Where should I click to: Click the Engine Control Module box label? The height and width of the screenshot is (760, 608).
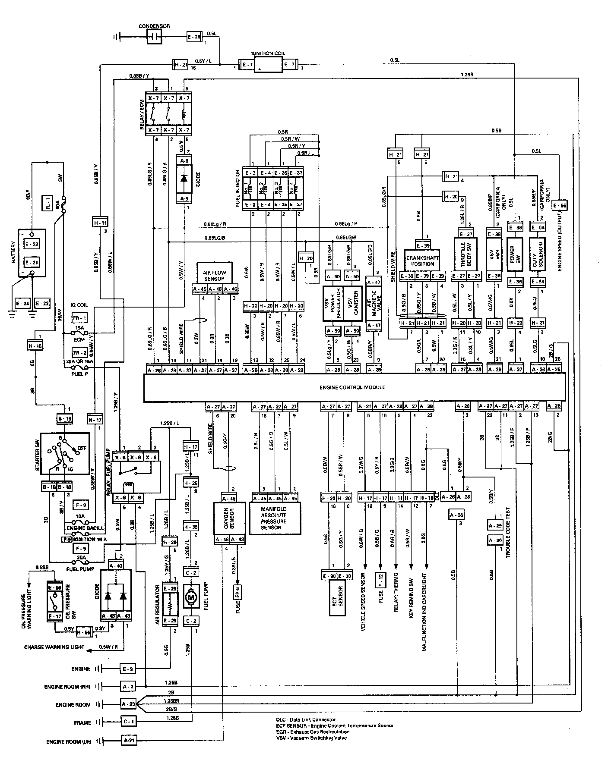click(x=352, y=387)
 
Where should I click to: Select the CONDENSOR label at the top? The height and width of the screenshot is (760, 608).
click(x=154, y=26)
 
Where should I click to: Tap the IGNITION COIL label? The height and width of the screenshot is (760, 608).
click(x=268, y=53)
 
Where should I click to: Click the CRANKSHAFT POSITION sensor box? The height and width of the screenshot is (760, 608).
click(x=422, y=261)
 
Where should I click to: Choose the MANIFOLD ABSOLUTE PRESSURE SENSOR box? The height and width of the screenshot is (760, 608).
click(x=274, y=518)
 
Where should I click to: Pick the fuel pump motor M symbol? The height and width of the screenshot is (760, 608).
click(x=190, y=597)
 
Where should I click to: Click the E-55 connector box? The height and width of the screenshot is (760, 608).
click(x=560, y=206)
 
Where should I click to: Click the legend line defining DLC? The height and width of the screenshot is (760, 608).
click(x=306, y=719)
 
